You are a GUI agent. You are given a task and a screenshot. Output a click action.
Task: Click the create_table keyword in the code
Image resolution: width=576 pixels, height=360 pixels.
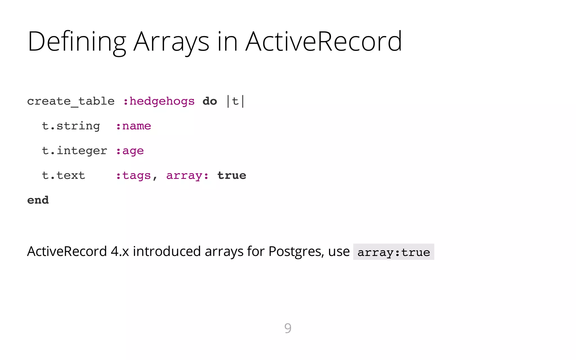71,101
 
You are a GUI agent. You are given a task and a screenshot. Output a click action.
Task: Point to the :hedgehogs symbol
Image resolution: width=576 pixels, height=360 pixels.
159,101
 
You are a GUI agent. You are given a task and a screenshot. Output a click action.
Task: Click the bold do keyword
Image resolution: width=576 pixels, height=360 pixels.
210,101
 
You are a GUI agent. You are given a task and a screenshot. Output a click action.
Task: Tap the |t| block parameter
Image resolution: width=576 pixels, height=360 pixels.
236,101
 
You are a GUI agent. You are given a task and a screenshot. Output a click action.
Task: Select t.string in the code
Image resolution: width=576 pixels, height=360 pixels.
71,126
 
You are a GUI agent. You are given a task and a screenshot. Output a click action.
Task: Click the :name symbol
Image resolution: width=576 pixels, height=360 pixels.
134,126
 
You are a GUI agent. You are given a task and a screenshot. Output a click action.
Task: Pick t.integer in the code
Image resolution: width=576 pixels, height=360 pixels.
75,151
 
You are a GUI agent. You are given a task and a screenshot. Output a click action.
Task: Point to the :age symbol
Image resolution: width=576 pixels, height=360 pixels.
130,151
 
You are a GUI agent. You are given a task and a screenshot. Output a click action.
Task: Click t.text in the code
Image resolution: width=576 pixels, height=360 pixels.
64,175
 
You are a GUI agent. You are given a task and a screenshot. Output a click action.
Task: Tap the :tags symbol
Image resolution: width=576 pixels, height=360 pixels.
134,175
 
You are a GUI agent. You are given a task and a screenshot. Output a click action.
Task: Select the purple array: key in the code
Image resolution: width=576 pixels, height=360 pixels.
187,175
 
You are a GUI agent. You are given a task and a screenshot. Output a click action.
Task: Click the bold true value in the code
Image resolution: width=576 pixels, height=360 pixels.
232,175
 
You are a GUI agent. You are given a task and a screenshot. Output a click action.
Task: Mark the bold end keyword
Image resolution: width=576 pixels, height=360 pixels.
38,200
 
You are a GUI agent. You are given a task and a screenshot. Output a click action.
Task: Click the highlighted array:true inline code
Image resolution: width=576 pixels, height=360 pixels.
393,252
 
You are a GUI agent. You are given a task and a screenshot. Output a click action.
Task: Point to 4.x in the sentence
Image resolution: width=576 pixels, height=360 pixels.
120,251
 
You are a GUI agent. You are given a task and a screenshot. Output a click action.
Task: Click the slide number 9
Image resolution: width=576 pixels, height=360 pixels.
288,328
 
